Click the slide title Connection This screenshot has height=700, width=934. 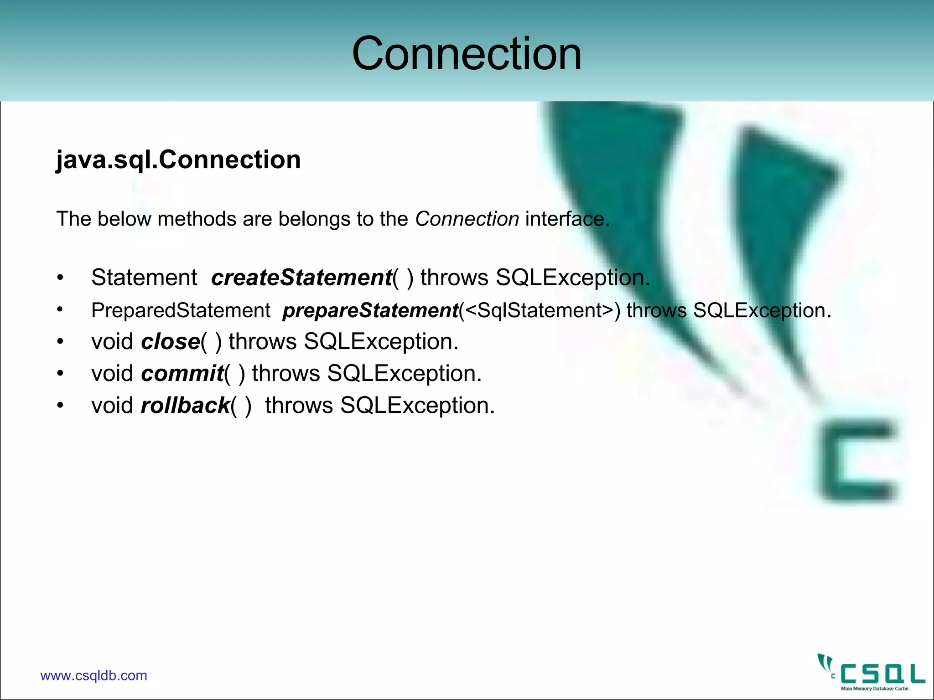point(467,54)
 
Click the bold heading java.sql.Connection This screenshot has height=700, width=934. point(178,160)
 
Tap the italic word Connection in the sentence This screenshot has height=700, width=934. point(467,219)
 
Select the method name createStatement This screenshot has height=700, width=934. point(301,278)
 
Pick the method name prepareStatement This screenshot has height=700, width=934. point(370,311)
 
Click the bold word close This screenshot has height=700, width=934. point(171,342)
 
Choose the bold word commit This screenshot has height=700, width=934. point(182,374)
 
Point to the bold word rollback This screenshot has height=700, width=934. point(185,406)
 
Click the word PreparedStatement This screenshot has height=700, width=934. point(181,311)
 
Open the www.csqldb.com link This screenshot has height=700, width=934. point(93,675)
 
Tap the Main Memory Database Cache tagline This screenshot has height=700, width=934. point(874,689)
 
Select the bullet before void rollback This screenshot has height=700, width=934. point(60,405)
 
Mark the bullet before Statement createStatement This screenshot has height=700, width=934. point(60,278)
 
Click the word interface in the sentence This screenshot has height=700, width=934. point(565,219)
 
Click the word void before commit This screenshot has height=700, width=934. point(112,374)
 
